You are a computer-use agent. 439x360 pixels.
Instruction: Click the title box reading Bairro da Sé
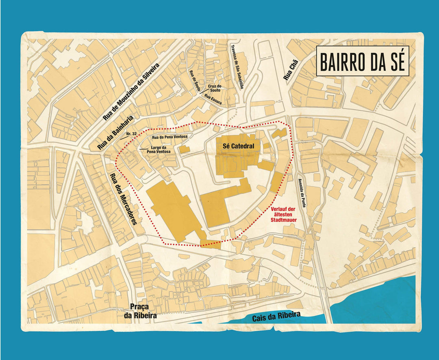(362, 61)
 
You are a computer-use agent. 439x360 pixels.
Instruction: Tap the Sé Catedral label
(238, 146)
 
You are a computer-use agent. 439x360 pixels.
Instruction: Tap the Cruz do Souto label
(214, 88)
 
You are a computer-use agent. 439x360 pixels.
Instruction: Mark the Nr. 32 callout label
(131, 134)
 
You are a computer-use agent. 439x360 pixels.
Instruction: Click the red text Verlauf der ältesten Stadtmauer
(283, 214)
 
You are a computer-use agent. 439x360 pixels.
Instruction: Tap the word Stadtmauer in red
(283, 219)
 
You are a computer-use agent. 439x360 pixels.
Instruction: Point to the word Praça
(137, 306)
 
